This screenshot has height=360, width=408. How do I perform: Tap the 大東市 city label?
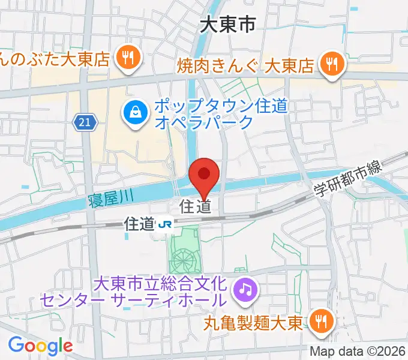(x=227, y=24)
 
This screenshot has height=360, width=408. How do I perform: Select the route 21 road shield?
(x=85, y=122)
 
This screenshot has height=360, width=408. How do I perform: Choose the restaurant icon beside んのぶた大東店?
(x=128, y=58)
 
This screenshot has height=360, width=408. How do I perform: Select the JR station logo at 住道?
(x=164, y=225)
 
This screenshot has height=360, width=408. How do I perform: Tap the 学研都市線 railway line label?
(x=349, y=181)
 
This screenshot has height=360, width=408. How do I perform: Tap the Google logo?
(x=40, y=345)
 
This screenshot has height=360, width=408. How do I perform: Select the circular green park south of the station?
(x=183, y=260)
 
